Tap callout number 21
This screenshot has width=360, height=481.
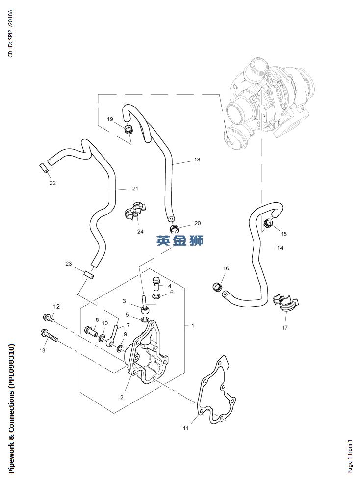click(x=135, y=188)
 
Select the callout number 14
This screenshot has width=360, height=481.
click(x=280, y=248)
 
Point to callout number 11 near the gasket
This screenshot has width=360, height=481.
click(x=186, y=428)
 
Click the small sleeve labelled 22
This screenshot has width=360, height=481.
click(x=44, y=168)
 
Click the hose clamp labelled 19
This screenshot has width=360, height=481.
click(x=129, y=129)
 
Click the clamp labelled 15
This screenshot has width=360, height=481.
click(x=268, y=225)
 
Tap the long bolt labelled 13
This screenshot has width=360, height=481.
click(x=50, y=336)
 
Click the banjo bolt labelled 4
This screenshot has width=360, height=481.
click(x=156, y=282)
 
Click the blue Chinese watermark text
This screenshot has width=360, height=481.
click(x=180, y=240)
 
